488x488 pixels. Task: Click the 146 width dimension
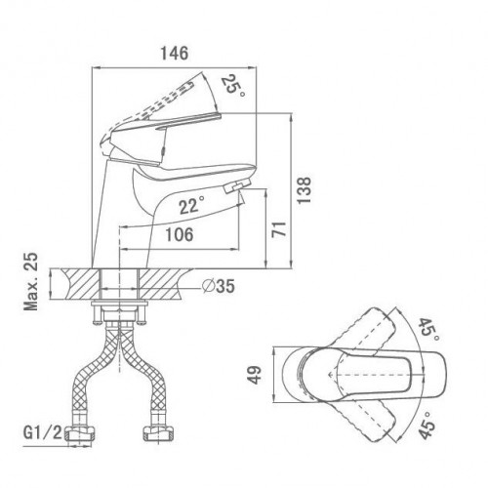click(x=175, y=53)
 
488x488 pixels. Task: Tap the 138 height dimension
click(x=305, y=190)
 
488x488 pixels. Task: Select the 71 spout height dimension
click(x=279, y=229)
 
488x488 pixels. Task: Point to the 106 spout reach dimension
click(x=180, y=234)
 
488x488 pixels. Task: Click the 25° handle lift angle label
click(x=233, y=86)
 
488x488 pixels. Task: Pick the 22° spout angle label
click(x=192, y=205)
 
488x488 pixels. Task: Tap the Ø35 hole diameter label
click(x=219, y=286)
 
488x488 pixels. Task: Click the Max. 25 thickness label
click(x=31, y=282)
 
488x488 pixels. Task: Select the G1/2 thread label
click(x=42, y=432)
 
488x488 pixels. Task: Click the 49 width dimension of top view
click(x=256, y=375)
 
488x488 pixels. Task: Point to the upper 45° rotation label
click(x=428, y=329)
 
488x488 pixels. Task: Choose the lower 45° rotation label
click(x=427, y=425)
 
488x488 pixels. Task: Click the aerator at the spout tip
click(x=237, y=186)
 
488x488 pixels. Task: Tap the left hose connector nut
click(x=80, y=434)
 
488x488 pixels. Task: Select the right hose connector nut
click(x=160, y=433)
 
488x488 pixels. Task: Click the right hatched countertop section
click(x=163, y=284)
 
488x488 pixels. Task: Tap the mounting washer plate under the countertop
click(x=119, y=304)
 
